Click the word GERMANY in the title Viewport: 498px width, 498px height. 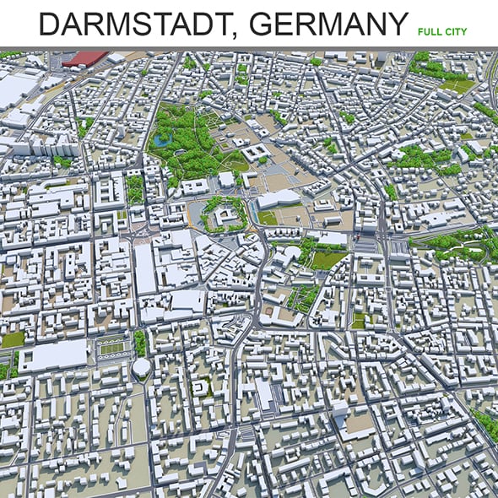(325, 24)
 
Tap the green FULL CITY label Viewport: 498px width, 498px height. (441, 31)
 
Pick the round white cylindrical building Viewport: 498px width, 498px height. (141, 368)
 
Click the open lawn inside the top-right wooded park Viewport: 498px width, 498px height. (457, 85)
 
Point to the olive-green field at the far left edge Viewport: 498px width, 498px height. (12, 339)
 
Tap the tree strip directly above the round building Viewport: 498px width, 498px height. (140, 343)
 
